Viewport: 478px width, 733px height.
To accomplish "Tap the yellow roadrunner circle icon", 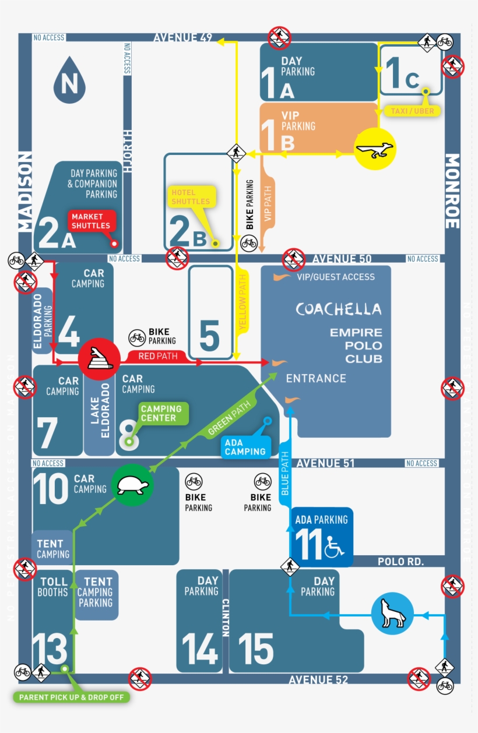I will (x=375, y=149).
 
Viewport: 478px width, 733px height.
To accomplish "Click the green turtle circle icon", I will (x=133, y=484).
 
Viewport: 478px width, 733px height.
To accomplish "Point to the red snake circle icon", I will (x=99, y=357).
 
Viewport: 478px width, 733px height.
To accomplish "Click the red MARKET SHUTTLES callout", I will (x=91, y=221).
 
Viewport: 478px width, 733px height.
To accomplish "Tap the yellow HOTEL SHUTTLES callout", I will (x=191, y=197).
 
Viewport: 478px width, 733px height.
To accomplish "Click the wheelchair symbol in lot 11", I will (x=335, y=547).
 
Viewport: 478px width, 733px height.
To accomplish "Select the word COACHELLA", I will (x=338, y=309).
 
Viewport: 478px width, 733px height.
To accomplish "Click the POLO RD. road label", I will (x=400, y=562).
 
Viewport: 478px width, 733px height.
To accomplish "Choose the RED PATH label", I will (x=154, y=355).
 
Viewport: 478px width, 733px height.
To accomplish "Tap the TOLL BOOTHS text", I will (x=54, y=587).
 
